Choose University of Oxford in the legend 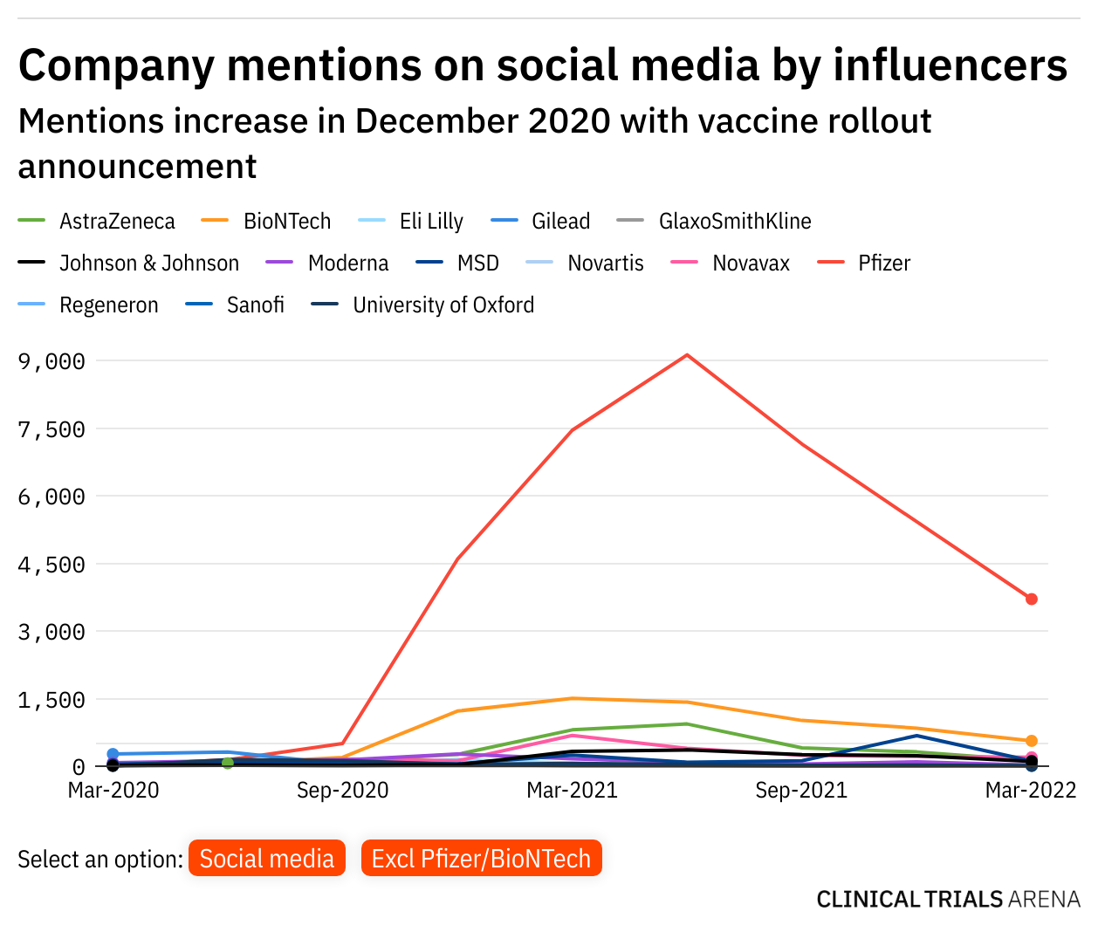(x=443, y=305)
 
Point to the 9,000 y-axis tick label (x=51, y=361)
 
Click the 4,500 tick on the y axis (x=51, y=565)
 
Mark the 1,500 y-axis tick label (x=51, y=700)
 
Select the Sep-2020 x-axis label (x=342, y=791)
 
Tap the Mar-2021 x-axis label (x=572, y=791)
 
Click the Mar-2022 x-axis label (x=1031, y=791)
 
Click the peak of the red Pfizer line (x=687, y=355)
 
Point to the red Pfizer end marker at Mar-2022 (x=1032, y=599)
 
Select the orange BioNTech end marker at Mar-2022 (x=1032, y=741)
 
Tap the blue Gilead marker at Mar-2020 (x=113, y=754)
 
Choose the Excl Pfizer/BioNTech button (x=481, y=859)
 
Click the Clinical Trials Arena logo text (x=948, y=900)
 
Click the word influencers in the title (x=950, y=65)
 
